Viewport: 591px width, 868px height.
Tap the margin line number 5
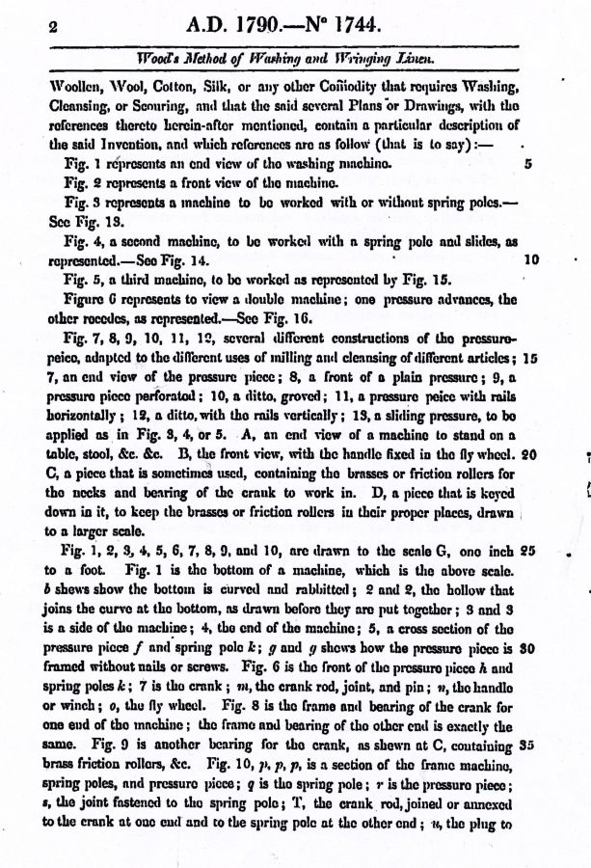528,165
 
